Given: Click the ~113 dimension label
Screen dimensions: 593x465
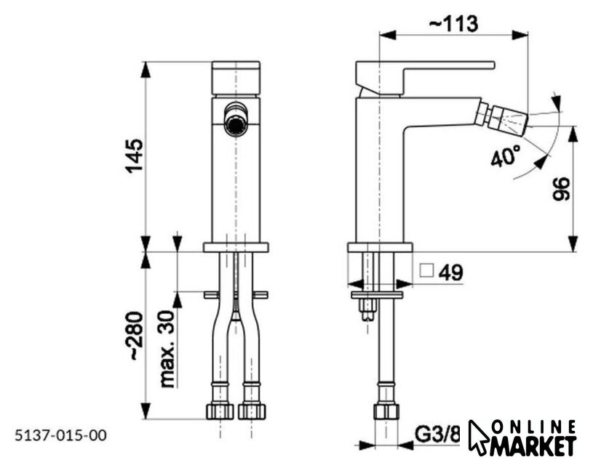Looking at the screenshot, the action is click(x=453, y=23).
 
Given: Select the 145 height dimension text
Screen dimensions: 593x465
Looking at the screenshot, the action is click(x=135, y=156).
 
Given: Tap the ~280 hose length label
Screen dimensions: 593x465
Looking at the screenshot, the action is click(x=135, y=336).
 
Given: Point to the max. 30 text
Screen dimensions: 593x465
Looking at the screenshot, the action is click(x=167, y=349).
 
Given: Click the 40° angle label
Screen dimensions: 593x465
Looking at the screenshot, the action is click(x=506, y=155).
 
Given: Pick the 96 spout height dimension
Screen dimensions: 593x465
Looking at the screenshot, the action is click(x=561, y=189).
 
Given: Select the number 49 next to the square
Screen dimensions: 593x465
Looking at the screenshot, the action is click(x=450, y=272).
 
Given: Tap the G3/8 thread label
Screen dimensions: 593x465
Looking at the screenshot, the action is click(x=437, y=434).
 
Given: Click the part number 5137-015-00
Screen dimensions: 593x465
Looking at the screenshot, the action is click(x=60, y=435).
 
